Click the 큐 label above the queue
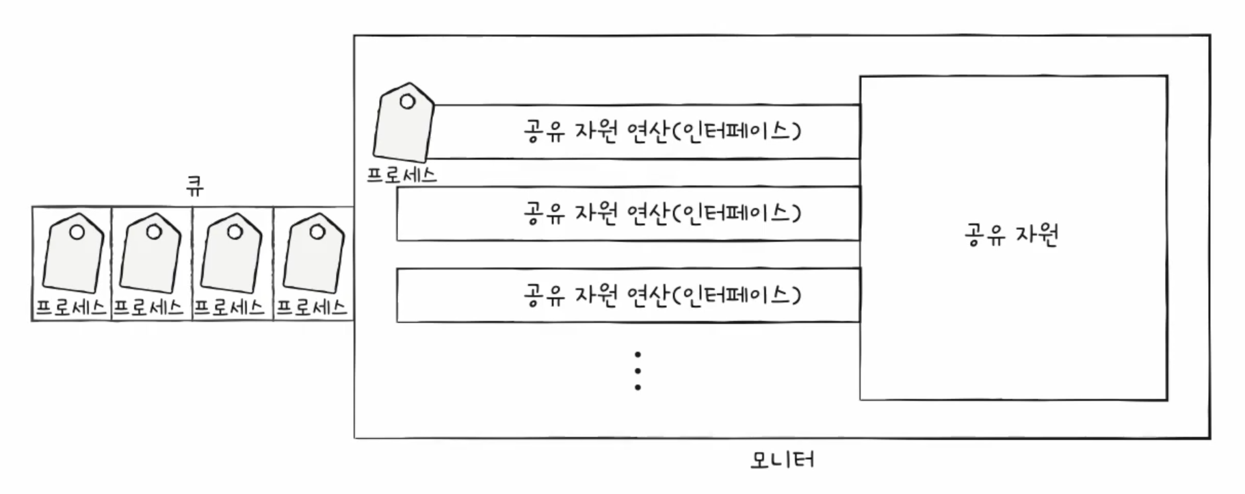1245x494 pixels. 195,186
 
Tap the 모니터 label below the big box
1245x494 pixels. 782,459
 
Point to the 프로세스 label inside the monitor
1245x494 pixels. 402,174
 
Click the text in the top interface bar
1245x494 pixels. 661,130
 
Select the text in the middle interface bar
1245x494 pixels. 661,213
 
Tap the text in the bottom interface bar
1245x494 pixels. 661,295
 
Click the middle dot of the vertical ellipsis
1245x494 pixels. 638,371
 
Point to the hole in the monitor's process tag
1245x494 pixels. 407,102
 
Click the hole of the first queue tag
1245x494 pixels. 77,232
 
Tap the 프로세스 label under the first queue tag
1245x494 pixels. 70,308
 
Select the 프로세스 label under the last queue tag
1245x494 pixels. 312,308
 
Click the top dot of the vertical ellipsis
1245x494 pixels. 638,354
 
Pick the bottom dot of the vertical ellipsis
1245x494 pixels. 638,387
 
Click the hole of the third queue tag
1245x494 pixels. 235,232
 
